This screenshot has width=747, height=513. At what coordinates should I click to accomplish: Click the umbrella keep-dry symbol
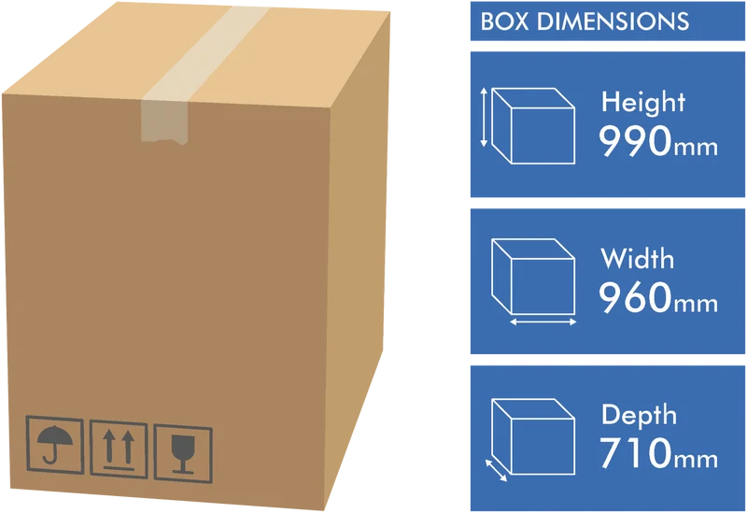55,445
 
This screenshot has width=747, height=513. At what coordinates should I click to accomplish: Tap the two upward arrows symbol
119,449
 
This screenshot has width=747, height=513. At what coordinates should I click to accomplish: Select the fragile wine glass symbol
183,454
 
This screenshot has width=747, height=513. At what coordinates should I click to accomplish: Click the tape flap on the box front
165,121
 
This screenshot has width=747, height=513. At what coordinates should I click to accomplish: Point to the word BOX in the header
504,21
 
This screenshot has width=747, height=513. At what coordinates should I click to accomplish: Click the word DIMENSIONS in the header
613,21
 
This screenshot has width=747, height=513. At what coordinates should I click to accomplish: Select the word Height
643,102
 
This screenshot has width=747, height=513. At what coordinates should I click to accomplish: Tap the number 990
635,141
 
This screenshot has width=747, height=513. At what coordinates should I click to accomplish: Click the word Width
638,259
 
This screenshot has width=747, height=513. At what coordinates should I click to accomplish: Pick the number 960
635,297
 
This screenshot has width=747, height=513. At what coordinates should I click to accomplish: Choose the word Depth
639,415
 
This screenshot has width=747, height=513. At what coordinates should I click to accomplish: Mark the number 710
636,453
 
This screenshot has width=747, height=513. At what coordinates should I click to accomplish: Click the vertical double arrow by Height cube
484,117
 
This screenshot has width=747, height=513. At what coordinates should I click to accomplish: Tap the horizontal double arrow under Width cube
543,322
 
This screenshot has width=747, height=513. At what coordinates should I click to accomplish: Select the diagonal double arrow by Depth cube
496,470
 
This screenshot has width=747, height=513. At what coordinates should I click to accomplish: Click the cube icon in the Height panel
533,126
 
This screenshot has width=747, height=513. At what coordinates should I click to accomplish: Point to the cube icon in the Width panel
533,277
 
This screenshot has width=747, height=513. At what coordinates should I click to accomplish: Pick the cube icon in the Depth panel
533,436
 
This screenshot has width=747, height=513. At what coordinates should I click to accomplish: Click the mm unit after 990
696,148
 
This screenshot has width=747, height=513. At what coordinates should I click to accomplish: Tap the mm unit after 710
696,460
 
